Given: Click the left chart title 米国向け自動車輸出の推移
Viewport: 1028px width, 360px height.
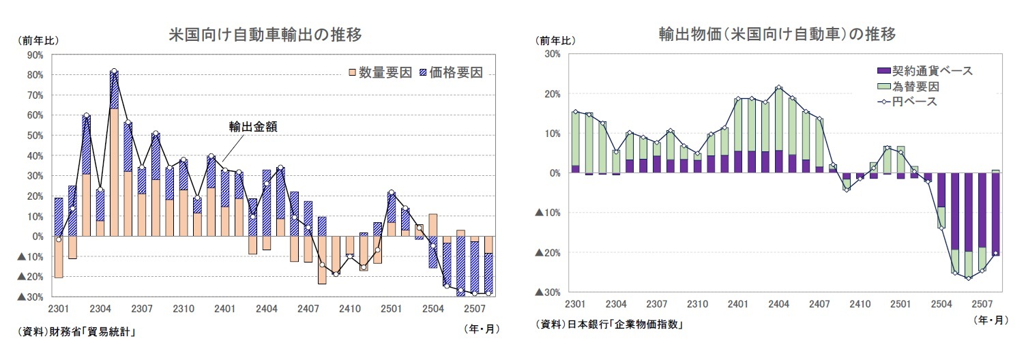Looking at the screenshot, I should click(265, 35).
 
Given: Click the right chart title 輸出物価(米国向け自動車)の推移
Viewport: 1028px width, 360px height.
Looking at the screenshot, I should click(777, 34).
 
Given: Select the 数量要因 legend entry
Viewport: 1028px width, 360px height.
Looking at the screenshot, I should click(380, 72).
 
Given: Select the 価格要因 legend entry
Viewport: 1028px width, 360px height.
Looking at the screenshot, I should click(450, 72).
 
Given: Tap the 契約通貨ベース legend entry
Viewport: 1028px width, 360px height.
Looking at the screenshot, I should click(925, 71).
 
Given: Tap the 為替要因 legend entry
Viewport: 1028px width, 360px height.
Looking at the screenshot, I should click(908, 87).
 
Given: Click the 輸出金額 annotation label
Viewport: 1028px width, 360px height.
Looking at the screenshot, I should click(252, 127).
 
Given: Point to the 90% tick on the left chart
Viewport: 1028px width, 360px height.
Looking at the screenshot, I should click(35, 55).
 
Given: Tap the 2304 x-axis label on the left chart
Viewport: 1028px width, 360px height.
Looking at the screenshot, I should click(101, 308).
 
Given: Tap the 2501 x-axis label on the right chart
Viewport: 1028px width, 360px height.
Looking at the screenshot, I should click(900, 303).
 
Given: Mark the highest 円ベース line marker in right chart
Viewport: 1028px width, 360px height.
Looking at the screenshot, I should click(778, 87).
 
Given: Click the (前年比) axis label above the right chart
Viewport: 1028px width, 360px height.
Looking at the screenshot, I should click(557, 40).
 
